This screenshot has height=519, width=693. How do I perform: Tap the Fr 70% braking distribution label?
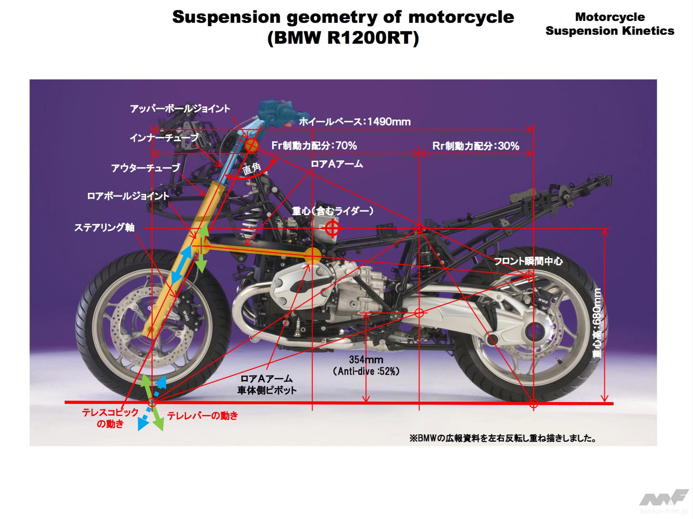[314, 145]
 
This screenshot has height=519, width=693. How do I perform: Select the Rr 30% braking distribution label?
[475, 146]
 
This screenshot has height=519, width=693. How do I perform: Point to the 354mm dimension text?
[366, 360]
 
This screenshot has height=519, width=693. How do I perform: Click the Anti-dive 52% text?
[366, 371]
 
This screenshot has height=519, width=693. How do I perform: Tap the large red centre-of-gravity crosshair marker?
[332, 228]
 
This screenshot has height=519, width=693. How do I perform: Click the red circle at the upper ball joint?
[252, 145]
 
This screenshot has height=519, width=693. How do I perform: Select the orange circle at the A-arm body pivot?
[312, 256]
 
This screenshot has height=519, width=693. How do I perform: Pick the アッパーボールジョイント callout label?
[180, 109]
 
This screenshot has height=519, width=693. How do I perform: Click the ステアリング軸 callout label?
[104, 227]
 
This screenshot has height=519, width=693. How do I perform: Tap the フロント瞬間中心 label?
[528, 261]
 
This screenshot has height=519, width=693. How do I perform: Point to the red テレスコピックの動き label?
[110, 418]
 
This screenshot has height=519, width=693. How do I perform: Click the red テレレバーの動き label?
[202, 415]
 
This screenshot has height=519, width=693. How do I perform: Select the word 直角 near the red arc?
[251, 169]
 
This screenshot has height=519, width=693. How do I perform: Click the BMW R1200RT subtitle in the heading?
[343, 38]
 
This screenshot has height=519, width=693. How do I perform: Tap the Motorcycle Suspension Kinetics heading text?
[610, 24]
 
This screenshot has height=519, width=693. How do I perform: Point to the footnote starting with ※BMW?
[503, 438]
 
